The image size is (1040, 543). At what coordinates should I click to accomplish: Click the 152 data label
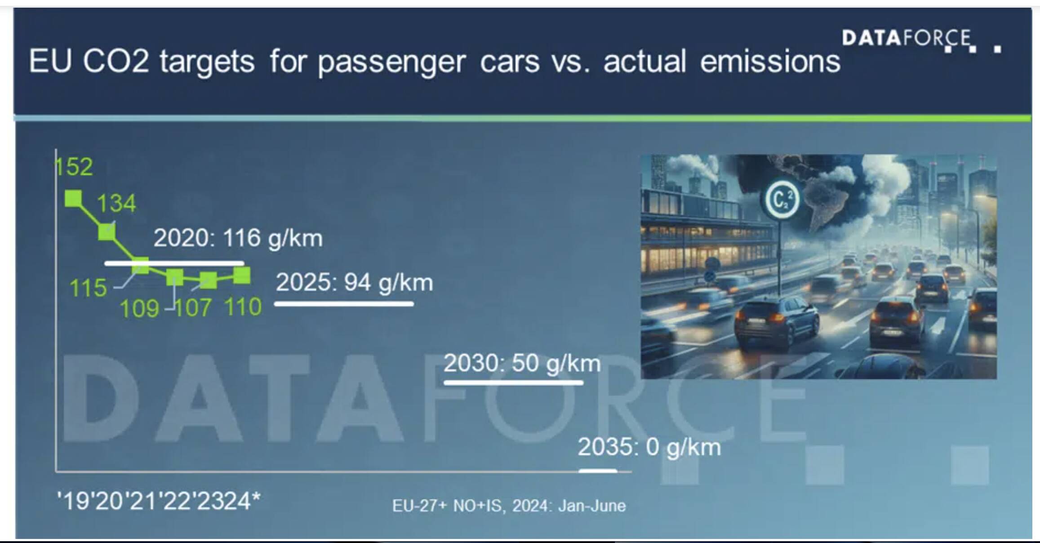(x=74, y=167)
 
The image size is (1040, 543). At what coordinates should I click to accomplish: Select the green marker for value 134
(x=107, y=232)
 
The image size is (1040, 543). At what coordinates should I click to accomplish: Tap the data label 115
(x=88, y=288)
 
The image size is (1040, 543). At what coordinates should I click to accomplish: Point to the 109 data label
(x=139, y=308)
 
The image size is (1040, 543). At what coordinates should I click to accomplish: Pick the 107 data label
(x=192, y=308)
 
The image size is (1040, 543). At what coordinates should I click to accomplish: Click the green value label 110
(x=243, y=307)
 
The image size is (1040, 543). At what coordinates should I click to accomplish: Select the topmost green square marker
(x=74, y=198)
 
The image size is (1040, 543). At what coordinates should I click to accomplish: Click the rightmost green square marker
(x=242, y=276)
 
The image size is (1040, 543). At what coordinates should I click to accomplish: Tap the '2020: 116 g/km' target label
(x=238, y=238)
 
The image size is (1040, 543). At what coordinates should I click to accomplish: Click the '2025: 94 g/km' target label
(x=355, y=283)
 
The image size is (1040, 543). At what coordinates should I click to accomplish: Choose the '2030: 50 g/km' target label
(x=522, y=363)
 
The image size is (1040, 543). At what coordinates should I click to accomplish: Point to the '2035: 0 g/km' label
(x=649, y=447)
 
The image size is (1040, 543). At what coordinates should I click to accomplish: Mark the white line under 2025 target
(x=344, y=304)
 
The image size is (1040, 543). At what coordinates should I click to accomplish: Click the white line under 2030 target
(x=514, y=383)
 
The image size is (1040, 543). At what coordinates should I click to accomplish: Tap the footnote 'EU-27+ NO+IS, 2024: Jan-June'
(x=509, y=506)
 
